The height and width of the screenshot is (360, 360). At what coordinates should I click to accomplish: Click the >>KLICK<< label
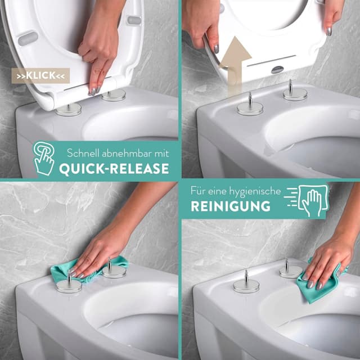point(40,75)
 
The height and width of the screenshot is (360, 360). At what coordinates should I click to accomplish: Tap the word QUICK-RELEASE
point(114,169)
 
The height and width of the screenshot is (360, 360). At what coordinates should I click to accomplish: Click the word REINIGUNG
point(231,206)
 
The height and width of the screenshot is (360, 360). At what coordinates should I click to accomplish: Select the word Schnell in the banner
point(83,153)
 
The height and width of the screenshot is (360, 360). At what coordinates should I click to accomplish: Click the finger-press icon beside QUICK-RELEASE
point(44,158)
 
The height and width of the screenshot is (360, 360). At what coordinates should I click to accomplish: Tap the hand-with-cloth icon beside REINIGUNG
point(307,201)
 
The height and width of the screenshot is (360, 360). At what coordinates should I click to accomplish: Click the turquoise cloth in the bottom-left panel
point(89,269)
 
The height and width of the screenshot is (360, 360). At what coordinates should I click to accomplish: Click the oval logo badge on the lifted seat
point(278,70)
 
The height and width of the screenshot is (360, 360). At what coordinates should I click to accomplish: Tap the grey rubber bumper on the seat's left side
point(28,38)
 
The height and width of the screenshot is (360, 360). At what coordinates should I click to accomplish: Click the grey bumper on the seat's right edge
point(134,20)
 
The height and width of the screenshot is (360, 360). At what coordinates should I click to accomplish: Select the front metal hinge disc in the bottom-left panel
point(69,286)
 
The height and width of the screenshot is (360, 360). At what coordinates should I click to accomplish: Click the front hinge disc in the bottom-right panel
point(246,286)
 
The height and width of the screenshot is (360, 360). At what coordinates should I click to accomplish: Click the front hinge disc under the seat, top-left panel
point(69,110)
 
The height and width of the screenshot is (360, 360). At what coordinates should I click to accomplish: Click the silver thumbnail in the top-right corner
point(329,31)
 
